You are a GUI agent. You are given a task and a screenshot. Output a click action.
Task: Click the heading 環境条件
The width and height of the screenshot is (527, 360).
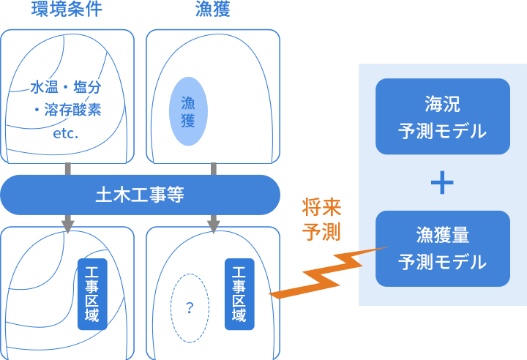coord(67,9)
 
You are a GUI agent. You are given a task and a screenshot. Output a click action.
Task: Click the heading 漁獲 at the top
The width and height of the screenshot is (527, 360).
coord(213,9)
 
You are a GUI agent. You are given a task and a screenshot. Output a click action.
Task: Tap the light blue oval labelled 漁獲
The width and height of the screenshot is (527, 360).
coord(189,111)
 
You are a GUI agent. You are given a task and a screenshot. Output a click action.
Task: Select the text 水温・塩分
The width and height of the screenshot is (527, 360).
coord(66,87)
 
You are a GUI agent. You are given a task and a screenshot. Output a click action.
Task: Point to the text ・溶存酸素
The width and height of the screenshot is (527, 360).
coord(67,110)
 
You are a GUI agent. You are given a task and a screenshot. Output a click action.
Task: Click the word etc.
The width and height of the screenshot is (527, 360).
coord(66,134)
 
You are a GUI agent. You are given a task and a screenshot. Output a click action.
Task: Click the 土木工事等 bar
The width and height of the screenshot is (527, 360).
coord(140,195)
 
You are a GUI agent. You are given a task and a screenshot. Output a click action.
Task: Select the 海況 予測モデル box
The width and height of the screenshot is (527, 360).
coord(442,116)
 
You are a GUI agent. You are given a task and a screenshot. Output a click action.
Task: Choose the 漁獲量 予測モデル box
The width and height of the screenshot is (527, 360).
coord(442,248)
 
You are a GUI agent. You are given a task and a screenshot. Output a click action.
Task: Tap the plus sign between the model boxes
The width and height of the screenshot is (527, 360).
coord(442,183)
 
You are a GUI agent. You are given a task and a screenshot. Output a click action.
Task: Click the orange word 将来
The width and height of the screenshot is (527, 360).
coord(322,207)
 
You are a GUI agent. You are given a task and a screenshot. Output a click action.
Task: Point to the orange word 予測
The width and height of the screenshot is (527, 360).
coord(322,232)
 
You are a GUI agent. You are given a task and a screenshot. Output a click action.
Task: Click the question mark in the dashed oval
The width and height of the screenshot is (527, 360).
coord(189,308)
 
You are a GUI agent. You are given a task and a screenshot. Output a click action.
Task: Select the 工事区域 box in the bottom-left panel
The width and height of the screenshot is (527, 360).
coord(92,293)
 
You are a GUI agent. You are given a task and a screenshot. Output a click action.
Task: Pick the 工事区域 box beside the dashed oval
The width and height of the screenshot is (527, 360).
coord(239,293)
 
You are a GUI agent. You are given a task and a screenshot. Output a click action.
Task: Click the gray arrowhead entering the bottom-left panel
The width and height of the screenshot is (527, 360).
coord(67,225)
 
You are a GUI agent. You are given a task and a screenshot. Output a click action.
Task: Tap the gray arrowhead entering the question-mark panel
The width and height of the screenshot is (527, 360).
coord(214,225)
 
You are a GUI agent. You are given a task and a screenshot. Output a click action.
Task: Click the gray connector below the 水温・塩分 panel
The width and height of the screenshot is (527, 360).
coord(67,168)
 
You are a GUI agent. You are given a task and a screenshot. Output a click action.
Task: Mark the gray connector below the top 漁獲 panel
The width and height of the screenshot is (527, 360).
coord(214,168)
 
